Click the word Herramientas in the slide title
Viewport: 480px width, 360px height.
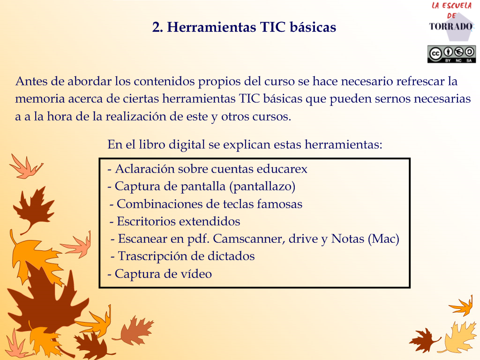pos(211,27)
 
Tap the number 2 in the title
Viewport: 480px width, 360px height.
pos(157,27)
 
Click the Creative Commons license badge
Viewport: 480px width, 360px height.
pos(451,54)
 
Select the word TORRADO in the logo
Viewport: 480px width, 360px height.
pos(450,27)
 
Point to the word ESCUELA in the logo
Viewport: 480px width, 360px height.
pos(457,5)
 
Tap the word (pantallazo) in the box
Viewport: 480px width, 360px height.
pos(262,187)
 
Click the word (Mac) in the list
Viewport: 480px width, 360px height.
pos(383,239)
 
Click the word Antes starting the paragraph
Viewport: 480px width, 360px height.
pos(31,81)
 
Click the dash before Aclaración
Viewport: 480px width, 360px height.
pos(109,170)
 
